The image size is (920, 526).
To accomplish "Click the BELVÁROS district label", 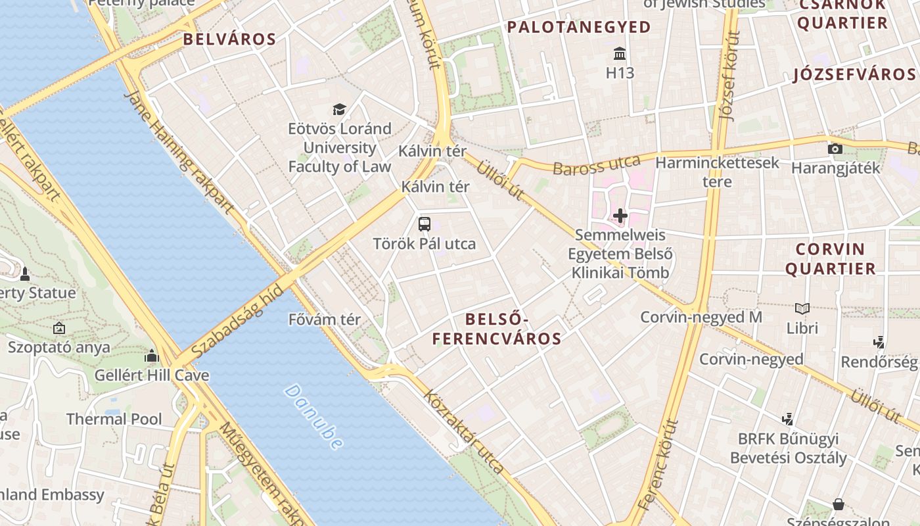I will pyautogui.click(x=229, y=39).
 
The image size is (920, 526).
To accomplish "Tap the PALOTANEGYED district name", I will pyautogui.click(x=579, y=28).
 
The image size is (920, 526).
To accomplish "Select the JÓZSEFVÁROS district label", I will pyautogui.click(x=854, y=74).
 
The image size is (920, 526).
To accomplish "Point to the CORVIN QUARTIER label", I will pyautogui.click(x=831, y=259).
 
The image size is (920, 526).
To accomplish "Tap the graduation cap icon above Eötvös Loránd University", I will pyautogui.click(x=339, y=109).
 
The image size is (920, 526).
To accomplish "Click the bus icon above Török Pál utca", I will pyautogui.click(x=425, y=224).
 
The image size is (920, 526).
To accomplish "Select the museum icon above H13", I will pyautogui.click(x=620, y=53).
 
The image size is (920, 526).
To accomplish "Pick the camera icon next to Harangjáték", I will pyautogui.click(x=835, y=149).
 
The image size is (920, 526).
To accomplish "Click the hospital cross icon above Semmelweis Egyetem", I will pyautogui.click(x=620, y=215).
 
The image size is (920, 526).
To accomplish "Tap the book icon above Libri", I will pyautogui.click(x=802, y=308).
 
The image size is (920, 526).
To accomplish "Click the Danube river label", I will pyautogui.click(x=313, y=417).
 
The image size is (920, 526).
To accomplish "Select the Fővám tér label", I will pyautogui.click(x=325, y=320).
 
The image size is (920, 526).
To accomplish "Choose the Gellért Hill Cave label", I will pyautogui.click(x=152, y=375).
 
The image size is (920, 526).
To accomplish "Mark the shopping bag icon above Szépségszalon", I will pyautogui.click(x=839, y=504).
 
